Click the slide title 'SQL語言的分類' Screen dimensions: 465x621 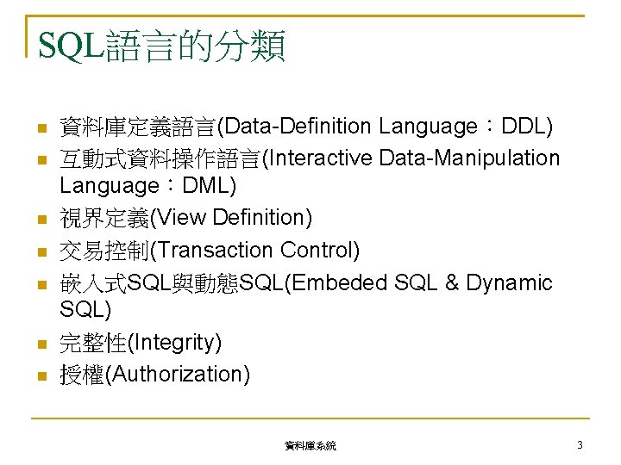click(x=162, y=46)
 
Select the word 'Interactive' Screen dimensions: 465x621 click(x=318, y=158)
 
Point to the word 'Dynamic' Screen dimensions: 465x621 click(x=509, y=282)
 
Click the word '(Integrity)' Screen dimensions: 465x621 click(x=174, y=343)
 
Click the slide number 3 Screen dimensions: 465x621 click(x=580, y=444)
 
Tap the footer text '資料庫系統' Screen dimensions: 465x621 click(x=310, y=445)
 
